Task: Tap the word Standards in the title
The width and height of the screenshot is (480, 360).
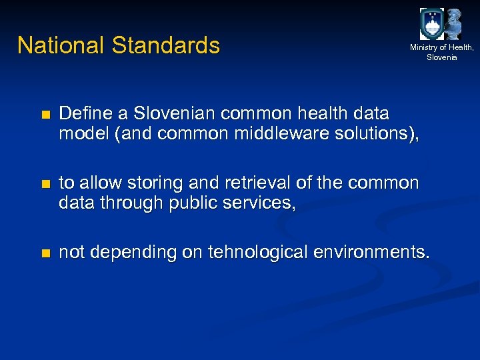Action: point(166,45)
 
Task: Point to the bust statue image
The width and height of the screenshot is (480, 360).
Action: point(455,24)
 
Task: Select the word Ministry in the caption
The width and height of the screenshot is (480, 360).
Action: point(424,47)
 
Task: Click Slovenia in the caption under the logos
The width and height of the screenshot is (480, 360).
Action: point(442,57)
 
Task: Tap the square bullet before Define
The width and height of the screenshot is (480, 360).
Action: point(45,115)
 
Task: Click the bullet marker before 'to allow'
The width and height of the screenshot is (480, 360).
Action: point(45,184)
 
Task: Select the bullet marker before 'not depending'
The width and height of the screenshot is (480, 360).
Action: point(45,253)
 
